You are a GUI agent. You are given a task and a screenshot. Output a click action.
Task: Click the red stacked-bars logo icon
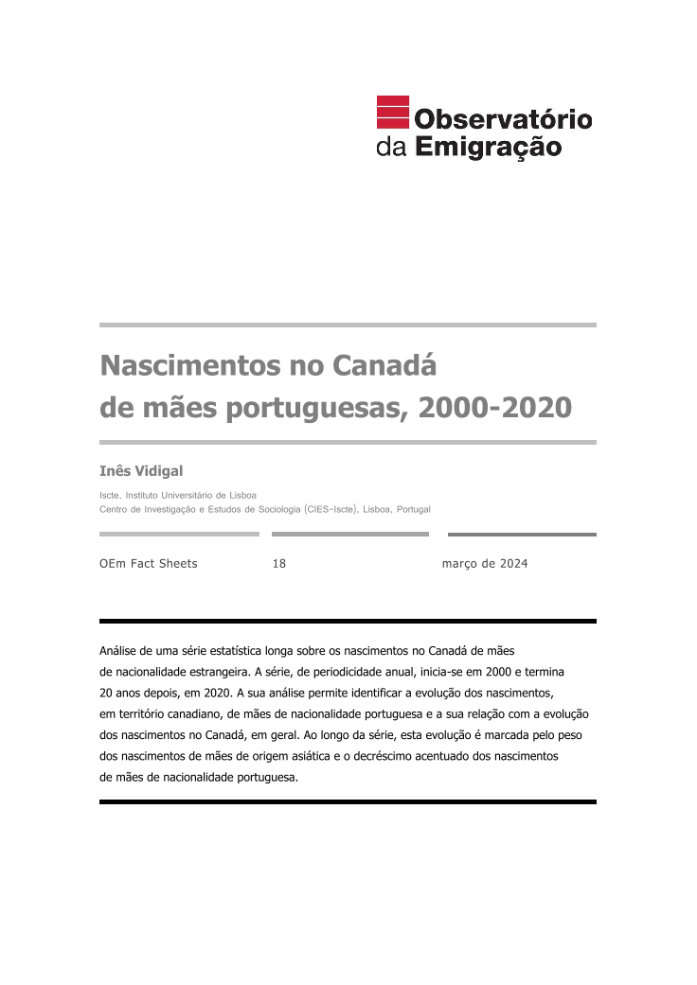tap(392, 113)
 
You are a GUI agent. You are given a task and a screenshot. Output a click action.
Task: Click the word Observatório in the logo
tap(503, 119)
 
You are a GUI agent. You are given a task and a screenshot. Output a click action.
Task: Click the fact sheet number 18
tap(278, 564)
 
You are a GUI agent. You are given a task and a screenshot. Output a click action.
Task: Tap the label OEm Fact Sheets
tap(149, 564)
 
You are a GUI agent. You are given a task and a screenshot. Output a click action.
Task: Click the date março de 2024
tap(484, 564)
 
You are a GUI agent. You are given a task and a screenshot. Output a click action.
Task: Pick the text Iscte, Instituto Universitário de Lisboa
tap(178, 495)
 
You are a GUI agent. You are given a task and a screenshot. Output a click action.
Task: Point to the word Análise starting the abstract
tap(119, 651)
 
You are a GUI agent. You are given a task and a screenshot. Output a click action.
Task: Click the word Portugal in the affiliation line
tap(414, 509)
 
